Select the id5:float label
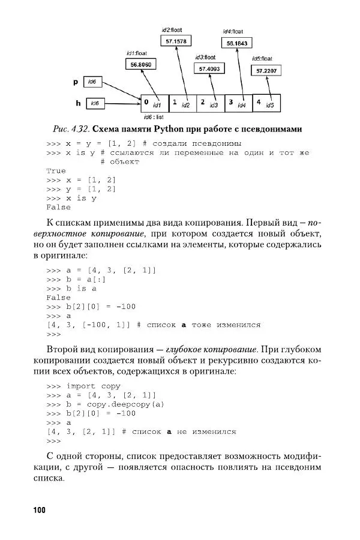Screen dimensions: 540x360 (262, 58)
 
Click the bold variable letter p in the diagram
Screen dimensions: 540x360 (76, 81)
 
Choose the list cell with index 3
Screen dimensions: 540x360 (238, 103)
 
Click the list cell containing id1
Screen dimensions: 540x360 (154, 103)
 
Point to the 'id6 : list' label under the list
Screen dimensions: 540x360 (154, 117)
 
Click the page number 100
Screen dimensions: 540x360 (40, 510)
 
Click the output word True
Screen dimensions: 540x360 (56, 170)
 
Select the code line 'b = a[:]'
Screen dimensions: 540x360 (80, 279)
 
